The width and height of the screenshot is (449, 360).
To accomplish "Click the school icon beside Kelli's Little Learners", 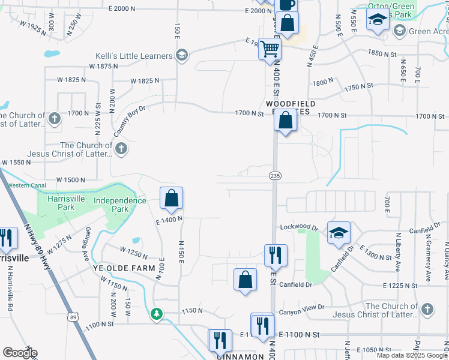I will click(181, 56).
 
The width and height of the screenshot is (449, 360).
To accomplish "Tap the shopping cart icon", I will click(270, 47).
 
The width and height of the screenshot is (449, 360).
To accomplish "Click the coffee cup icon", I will click(286, 4).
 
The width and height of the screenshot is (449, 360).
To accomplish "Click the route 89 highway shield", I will click(73, 317).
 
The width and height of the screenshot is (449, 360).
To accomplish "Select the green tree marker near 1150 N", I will click(157, 313).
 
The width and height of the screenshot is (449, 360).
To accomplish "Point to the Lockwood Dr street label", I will click(300, 228).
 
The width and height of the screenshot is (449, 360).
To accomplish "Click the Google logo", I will click(19, 353).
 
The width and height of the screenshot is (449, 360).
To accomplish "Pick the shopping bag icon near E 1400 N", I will click(171, 198).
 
